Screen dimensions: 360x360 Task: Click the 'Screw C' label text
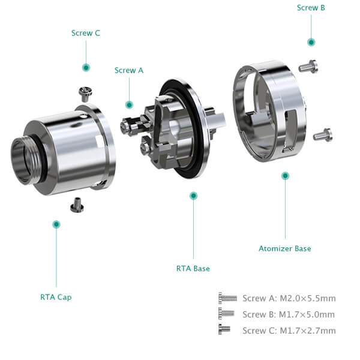86,33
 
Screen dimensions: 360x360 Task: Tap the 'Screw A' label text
129,70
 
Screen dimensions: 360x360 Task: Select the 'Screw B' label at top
311,8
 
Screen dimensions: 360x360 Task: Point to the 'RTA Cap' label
56,297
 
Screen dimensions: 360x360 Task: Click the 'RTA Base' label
193,268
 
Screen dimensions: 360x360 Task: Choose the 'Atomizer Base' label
285,248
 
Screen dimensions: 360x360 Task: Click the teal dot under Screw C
86,68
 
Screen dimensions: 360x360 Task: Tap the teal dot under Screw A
129,105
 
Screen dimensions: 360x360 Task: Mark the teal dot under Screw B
311,42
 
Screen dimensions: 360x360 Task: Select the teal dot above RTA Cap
56,224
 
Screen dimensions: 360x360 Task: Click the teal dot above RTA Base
194,196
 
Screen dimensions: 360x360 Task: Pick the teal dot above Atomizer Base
285,176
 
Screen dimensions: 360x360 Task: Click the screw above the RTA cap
86,94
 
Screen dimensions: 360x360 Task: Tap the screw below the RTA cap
77,205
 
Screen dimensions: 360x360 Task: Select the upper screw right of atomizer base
308,67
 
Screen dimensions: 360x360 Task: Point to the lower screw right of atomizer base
323,135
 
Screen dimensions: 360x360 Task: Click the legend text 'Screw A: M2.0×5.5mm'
289,298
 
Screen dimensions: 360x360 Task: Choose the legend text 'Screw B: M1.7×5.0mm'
289,314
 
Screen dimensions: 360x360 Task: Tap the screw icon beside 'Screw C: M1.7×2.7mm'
224,329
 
